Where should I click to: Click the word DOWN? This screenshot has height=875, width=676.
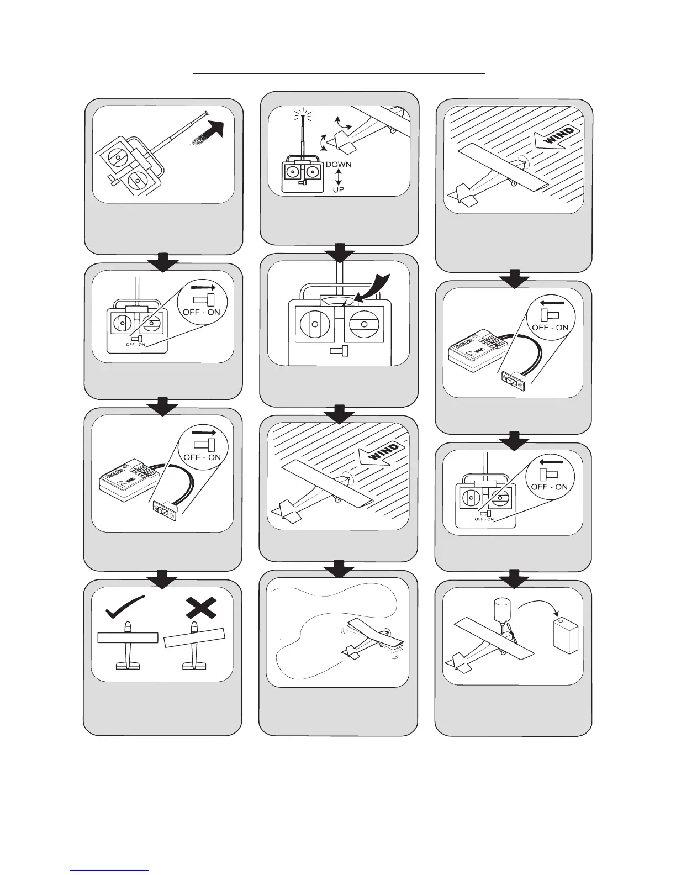pos(339,165)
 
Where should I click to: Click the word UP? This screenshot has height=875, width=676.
pos(338,189)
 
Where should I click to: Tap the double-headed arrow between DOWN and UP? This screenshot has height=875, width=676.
pos(339,177)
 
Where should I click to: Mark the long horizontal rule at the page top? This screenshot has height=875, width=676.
pos(338,72)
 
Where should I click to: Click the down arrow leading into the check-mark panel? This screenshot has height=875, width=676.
pos(162,578)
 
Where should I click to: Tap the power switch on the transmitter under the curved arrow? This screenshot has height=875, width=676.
pos(339,350)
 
